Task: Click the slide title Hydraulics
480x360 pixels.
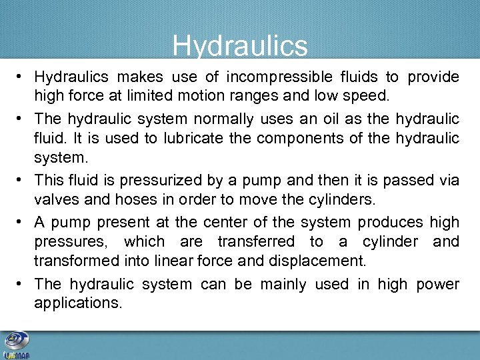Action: point(240,46)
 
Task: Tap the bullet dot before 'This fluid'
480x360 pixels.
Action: point(21,181)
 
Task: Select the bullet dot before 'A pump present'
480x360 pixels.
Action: point(21,222)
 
